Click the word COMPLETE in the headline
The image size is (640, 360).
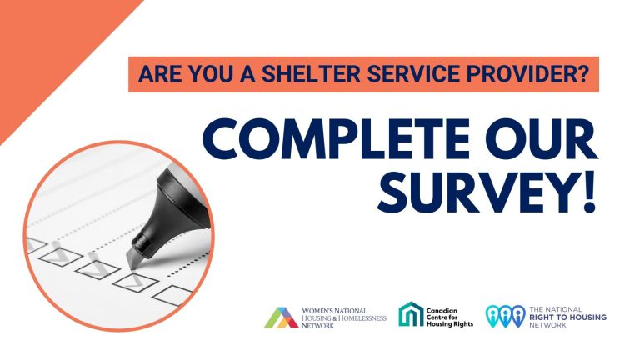tap(335, 139)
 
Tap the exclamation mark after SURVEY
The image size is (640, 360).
tap(589, 192)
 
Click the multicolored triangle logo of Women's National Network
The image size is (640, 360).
tap(281, 317)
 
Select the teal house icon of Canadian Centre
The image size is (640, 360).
tap(411, 314)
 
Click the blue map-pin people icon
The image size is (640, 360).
tap(505, 316)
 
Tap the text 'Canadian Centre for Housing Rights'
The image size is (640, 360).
tap(450, 317)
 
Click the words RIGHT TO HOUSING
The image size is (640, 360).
tap(567, 317)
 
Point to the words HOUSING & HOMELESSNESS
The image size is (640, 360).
tap(343, 318)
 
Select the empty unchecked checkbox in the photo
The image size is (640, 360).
tap(172, 295)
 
